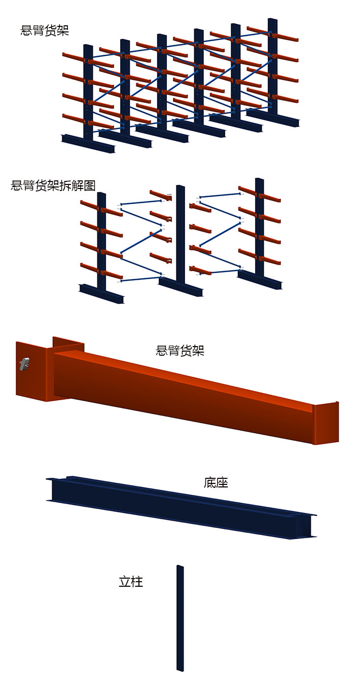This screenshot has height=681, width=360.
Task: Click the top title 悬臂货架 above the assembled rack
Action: coord(45,30)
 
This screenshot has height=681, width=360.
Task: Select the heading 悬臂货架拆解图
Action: coord(53,185)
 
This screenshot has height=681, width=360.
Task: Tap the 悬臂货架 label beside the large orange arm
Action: coord(180,350)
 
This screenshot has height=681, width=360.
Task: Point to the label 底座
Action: coord(216,483)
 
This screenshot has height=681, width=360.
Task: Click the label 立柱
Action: coord(131,582)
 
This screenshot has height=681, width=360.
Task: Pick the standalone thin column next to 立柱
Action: coord(180,618)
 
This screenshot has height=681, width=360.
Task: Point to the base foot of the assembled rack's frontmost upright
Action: coord(89,144)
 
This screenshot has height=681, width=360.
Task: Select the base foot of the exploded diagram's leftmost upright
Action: coord(101,294)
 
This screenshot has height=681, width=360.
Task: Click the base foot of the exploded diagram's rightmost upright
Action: coord(260,280)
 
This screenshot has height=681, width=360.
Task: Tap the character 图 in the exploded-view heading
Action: coord(90,185)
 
